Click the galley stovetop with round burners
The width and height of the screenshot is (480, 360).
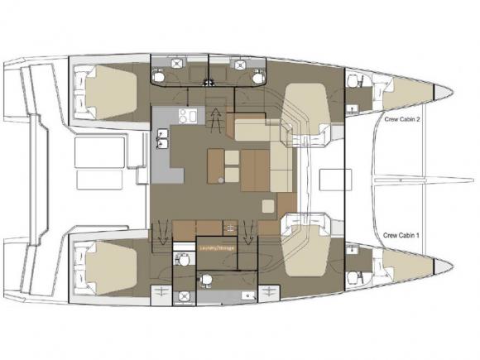tap(188, 117)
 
